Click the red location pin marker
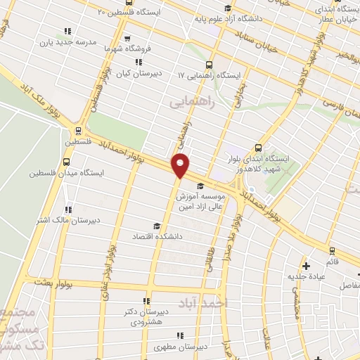(181, 165)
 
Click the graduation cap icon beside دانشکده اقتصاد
(156, 226)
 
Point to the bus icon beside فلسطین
(77, 130)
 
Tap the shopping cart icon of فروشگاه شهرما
(127, 39)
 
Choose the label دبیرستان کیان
(157, 72)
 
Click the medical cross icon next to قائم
(306, 266)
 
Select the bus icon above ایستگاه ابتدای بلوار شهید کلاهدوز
(259, 148)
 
